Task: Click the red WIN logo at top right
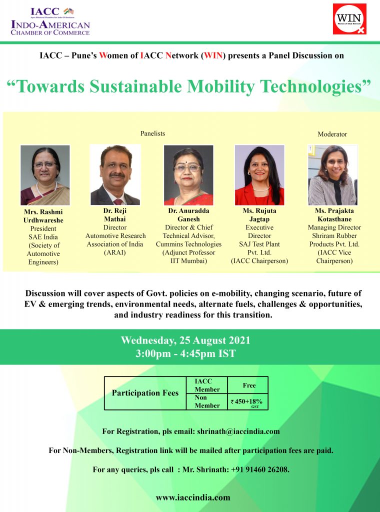tap(349, 19)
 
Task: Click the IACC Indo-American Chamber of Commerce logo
tap(50, 21)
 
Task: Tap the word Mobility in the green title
tap(220, 86)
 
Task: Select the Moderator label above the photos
tap(332, 134)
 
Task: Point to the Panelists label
tap(153, 133)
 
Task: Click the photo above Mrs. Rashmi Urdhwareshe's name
tap(45, 175)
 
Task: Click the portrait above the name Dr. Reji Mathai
tap(115, 174)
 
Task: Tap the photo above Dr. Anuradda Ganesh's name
tap(188, 175)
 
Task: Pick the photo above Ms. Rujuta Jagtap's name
tap(259, 175)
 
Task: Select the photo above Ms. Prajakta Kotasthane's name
tap(332, 175)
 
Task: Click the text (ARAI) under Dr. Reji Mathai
tap(114, 252)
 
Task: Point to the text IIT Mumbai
tap(188, 261)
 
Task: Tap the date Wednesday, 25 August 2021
tap(185, 340)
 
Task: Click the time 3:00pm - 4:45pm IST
tap(185, 353)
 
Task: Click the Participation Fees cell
tap(145, 393)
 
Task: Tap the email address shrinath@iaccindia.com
tap(238, 431)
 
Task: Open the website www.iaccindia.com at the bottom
tap(193, 498)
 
